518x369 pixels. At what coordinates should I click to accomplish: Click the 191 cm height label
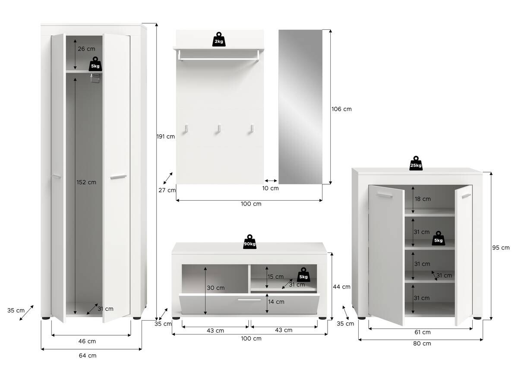(165, 137)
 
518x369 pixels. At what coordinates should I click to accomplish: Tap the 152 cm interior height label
(87, 182)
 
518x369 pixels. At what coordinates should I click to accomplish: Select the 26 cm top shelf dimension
(86, 49)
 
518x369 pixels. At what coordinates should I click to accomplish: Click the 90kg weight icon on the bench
(250, 242)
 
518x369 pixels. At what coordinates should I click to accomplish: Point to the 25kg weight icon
(416, 164)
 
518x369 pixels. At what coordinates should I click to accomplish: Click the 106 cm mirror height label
(341, 109)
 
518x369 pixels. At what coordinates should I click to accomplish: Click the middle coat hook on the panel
(219, 129)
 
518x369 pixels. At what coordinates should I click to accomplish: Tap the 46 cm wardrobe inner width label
(87, 341)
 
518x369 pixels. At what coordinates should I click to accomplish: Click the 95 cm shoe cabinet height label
(501, 248)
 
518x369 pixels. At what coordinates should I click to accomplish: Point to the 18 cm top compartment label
(422, 199)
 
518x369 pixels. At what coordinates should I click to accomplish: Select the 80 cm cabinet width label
(422, 344)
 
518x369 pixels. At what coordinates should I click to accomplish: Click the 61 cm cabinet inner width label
(422, 332)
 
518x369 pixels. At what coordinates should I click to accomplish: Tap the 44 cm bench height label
(342, 287)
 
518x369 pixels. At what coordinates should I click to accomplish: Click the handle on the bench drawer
(249, 300)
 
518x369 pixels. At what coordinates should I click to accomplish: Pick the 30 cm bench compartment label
(216, 288)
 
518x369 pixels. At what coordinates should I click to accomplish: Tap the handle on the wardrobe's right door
(118, 177)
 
